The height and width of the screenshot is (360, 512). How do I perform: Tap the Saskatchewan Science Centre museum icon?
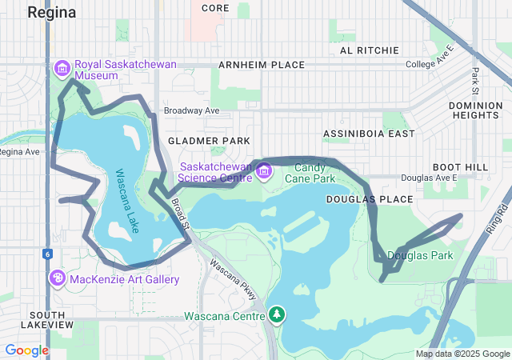[265, 171]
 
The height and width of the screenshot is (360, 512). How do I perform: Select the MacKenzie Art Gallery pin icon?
[58, 278]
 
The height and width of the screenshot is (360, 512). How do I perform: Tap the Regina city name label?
[52, 12]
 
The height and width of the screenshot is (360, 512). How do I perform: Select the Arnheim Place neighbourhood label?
[262, 65]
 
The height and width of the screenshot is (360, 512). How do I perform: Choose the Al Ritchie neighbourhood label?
[370, 50]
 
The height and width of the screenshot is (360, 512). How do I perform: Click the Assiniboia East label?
[369, 134]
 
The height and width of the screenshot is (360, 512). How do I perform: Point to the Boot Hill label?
[459, 166]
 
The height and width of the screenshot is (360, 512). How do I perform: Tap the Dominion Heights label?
[475, 110]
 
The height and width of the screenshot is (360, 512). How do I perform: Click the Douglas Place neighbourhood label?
[370, 198]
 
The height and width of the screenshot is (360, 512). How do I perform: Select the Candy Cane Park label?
[298, 172]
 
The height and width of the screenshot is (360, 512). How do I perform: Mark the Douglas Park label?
[420, 255]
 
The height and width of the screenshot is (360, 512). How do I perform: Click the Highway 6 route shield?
[46, 254]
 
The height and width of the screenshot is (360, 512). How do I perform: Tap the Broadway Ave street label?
[190, 110]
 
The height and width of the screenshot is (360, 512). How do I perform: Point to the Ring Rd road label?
[502, 217]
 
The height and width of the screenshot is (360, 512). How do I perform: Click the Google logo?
[26, 350]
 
